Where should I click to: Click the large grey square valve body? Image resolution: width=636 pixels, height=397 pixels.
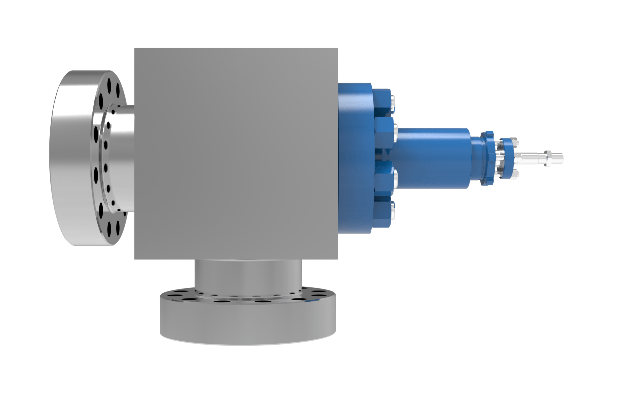236,154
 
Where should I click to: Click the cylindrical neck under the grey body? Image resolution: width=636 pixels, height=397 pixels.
248,275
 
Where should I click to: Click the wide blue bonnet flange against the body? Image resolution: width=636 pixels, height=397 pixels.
354,158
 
